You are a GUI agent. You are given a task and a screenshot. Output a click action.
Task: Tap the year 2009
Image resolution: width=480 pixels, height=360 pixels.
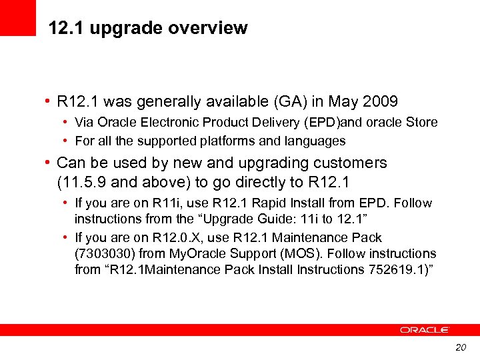pyautogui.click(x=380, y=102)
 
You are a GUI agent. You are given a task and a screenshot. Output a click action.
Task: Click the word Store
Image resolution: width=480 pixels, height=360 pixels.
pyautogui.click(x=423, y=122)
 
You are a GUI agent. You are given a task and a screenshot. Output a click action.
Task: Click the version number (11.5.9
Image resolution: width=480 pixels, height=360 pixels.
pyautogui.click(x=83, y=183)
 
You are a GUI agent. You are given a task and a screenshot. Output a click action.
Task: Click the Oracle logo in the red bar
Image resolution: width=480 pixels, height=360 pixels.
pyautogui.click(x=425, y=330)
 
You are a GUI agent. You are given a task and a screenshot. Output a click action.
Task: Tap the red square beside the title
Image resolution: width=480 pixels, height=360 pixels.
pyautogui.click(x=17, y=17)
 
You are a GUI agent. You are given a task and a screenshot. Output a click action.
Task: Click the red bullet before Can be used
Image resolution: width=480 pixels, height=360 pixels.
pyautogui.click(x=48, y=163)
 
